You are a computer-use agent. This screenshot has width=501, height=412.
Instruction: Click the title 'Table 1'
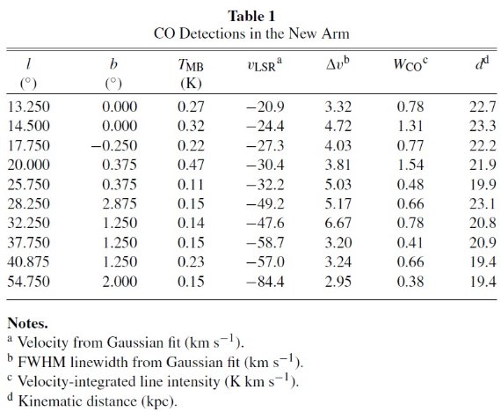coord(251,16)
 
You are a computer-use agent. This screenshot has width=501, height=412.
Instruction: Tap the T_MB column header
coord(191,65)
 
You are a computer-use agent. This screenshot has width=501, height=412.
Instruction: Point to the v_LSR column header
coord(265,64)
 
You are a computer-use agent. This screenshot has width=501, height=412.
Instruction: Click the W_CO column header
coord(410,64)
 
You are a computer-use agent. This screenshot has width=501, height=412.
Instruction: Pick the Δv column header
coord(338,63)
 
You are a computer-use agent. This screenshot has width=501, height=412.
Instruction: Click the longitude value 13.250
coord(29,107)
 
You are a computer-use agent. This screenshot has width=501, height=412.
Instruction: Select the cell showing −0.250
coord(114,145)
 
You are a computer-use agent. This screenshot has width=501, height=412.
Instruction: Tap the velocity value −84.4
coord(265,282)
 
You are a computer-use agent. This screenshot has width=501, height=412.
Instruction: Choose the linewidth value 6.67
coord(338,223)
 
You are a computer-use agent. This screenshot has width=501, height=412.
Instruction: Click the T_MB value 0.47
coord(191,165)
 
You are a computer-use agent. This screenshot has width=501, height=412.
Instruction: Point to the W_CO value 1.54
coord(410,165)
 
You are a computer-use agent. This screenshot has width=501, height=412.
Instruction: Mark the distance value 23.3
coord(483,126)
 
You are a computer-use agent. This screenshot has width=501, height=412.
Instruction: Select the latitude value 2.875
coord(120,203)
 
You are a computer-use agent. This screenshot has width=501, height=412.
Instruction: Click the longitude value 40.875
coord(29,261)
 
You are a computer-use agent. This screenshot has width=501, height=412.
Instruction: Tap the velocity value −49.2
coord(265,203)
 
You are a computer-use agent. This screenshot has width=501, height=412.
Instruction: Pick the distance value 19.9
coord(483,184)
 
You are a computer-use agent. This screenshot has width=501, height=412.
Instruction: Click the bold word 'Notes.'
coord(27,323)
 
